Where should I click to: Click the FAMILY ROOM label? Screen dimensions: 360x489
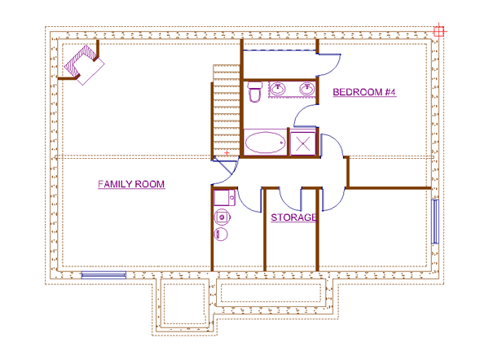point(131,185)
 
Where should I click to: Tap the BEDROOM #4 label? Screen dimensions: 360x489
point(364,93)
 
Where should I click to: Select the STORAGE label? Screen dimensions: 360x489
point(294,218)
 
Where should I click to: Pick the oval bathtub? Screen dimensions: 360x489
point(265,143)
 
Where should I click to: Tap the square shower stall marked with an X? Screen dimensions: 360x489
point(304,143)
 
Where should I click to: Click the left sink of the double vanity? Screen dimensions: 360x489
point(278,88)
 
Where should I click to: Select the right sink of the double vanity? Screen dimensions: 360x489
point(309,88)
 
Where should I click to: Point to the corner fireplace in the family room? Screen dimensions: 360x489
point(82,63)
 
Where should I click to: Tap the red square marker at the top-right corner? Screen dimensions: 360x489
point(438,31)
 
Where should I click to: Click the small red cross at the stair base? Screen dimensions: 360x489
point(227,152)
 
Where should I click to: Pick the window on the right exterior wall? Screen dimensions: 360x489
point(434,220)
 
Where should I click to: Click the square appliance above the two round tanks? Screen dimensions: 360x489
point(222,197)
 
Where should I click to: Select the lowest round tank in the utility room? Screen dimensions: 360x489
point(221,235)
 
